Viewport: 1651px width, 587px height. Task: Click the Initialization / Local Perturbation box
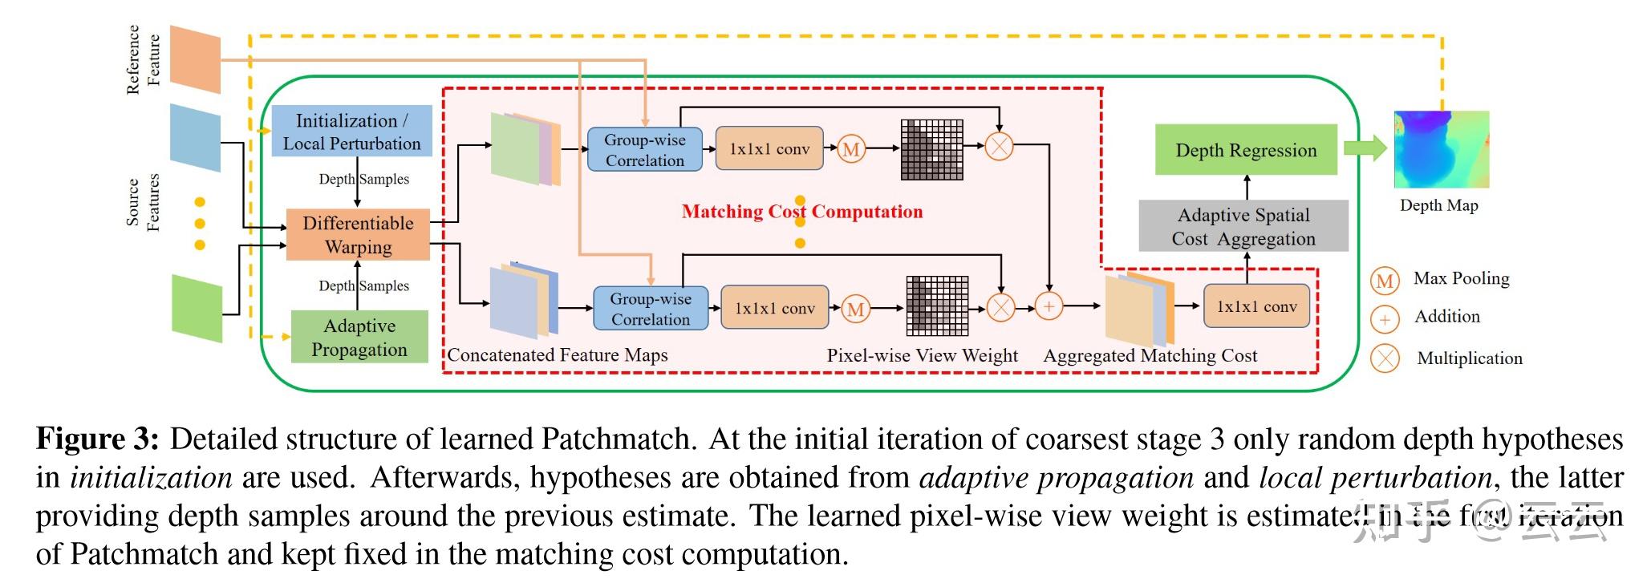(x=351, y=132)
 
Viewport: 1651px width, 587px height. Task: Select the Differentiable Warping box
(x=358, y=235)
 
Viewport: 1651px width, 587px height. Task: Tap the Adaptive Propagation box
(x=359, y=338)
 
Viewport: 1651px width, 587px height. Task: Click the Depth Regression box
(x=1245, y=150)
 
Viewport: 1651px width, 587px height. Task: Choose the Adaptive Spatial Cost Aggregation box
(x=1243, y=227)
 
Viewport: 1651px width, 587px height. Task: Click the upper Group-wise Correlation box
(x=644, y=150)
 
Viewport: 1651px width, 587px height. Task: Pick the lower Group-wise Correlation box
(x=650, y=309)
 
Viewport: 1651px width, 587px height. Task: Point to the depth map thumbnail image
(x=1441, y=150)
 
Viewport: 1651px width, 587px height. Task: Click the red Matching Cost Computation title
(x=801, y=212)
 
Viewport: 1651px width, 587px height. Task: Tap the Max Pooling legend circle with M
(x=1385, y=280)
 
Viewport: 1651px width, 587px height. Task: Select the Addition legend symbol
(x=1385, y=318)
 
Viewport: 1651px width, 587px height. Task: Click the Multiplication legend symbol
(x=1385, y=358)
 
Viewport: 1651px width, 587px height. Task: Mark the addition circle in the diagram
(x=1049, y=306)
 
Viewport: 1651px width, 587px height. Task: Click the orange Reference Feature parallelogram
(x=195, y=59)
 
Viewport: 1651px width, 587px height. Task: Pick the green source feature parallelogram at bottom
(x=197, y=308)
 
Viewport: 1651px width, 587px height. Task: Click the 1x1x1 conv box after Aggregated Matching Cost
(x=1255, y=306)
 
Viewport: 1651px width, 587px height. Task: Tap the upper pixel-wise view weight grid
(x=931, y=149)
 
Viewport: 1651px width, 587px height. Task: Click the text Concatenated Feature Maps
(x=558, y=355)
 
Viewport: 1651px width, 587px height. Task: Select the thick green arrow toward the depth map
(x=1365, y=148)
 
